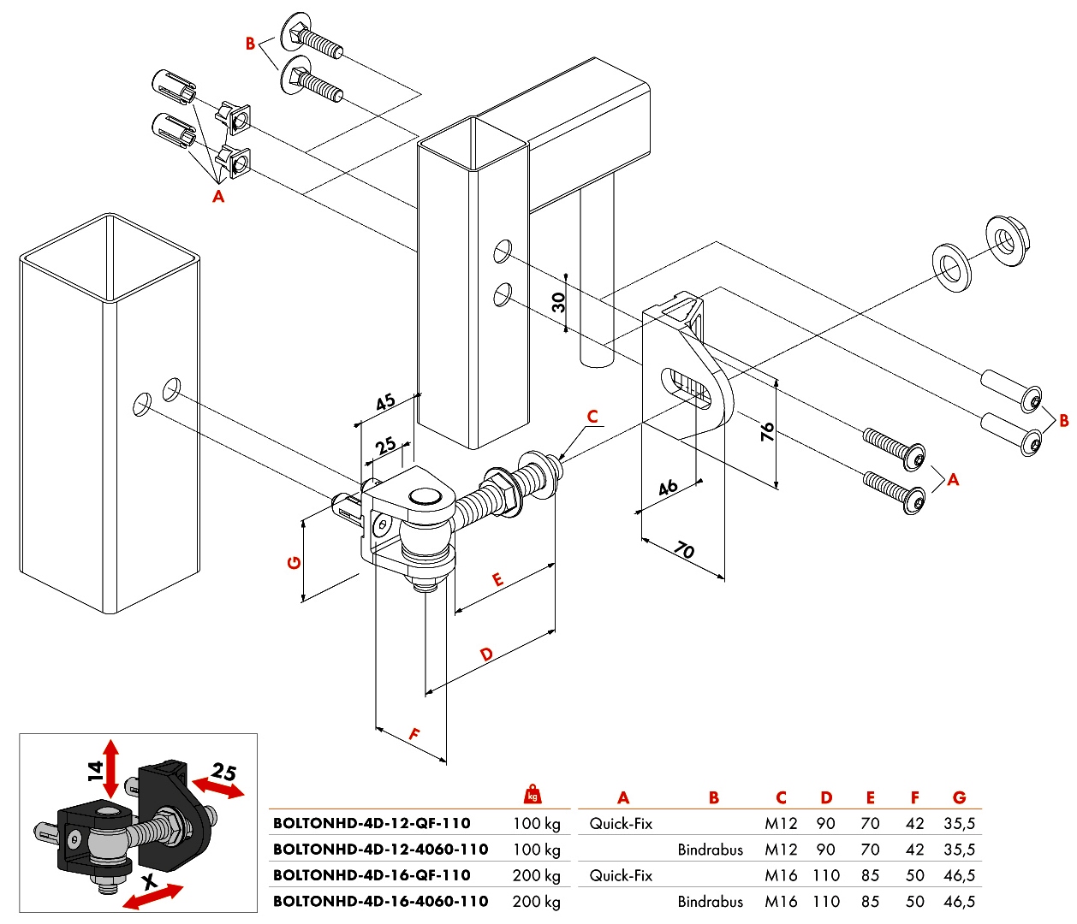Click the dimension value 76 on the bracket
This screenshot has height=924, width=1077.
click(767, 432)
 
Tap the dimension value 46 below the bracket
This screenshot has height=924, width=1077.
click(668, 488)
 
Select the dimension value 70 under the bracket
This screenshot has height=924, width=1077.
click(684, 550)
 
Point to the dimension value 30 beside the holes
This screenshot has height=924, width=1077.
click(558, 302)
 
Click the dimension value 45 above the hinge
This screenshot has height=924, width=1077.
click(385, 402)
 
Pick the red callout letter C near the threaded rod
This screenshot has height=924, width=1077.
click(592, 417)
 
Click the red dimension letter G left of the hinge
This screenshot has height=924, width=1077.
click(294, 563)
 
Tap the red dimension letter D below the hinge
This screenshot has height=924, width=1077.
click(486, 654)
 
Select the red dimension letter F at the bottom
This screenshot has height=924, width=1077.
click(414, 734)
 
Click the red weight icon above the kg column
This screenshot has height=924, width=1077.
click(533, 793)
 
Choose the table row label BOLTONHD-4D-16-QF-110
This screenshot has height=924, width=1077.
click(372, 875)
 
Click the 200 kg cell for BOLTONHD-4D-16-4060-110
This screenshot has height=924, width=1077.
click(536, 902)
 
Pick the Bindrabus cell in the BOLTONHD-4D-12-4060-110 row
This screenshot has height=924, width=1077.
click(710, 850)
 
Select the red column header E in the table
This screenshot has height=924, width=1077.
click(870, 797)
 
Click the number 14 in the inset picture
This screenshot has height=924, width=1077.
click(95, 770)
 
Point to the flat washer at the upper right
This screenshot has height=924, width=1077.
click(951, 267)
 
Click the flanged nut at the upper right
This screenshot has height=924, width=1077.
click(1007, 240)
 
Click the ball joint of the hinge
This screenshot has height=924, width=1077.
click(425, 542)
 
